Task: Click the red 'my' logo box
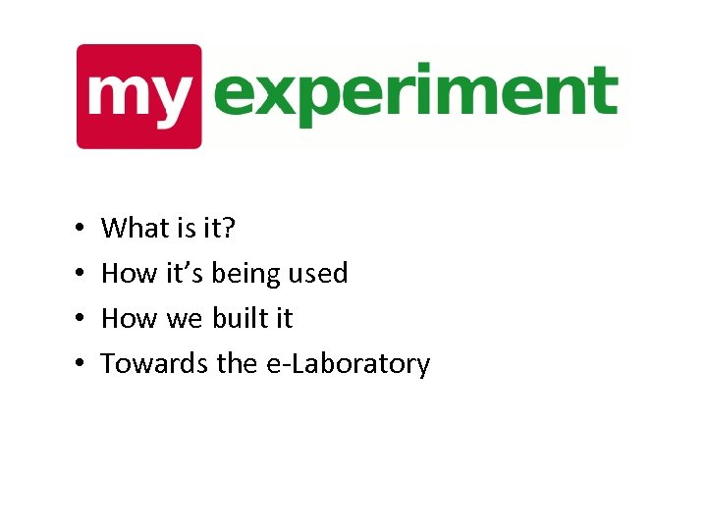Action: click(x=138, y=95)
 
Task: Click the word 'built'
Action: click(x=237, y=319)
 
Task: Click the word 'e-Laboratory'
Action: click(x=348, y=364)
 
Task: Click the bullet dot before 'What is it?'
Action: click(x=79, y=230)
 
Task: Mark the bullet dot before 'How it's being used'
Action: click(x=79, y=275)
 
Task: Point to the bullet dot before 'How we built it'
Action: click(x=79, y=320)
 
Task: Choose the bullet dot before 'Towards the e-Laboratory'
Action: click(x=79, y=365)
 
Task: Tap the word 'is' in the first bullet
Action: click(x=187, y=229)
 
